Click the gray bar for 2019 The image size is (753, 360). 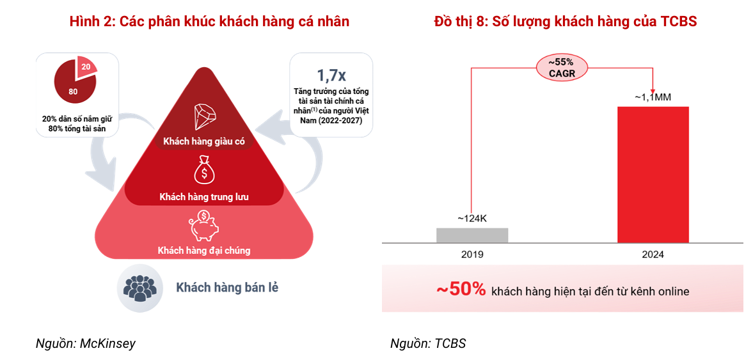tap(472, 235)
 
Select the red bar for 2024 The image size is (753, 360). tap(653, 175)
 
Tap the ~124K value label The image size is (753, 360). tap(472, 219)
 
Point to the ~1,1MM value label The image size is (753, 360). tap(653, 97)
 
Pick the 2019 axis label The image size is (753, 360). tap(472, 254)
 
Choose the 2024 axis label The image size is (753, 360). tap(653, 254)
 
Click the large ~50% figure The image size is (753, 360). tap(461, 290)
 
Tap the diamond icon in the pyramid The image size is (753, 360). tap(205, 116)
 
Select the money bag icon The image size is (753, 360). tap(204, 170)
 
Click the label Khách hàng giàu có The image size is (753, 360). tap(204, 141)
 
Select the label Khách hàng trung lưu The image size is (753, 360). tap(204, 197)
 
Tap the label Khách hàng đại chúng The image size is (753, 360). tap(204, 251)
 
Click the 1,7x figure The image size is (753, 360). tap(331, 76)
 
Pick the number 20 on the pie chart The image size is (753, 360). tap(86, 67)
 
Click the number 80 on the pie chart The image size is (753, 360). tap(73, 91)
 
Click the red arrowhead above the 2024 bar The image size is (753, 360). tap(653, 91)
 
